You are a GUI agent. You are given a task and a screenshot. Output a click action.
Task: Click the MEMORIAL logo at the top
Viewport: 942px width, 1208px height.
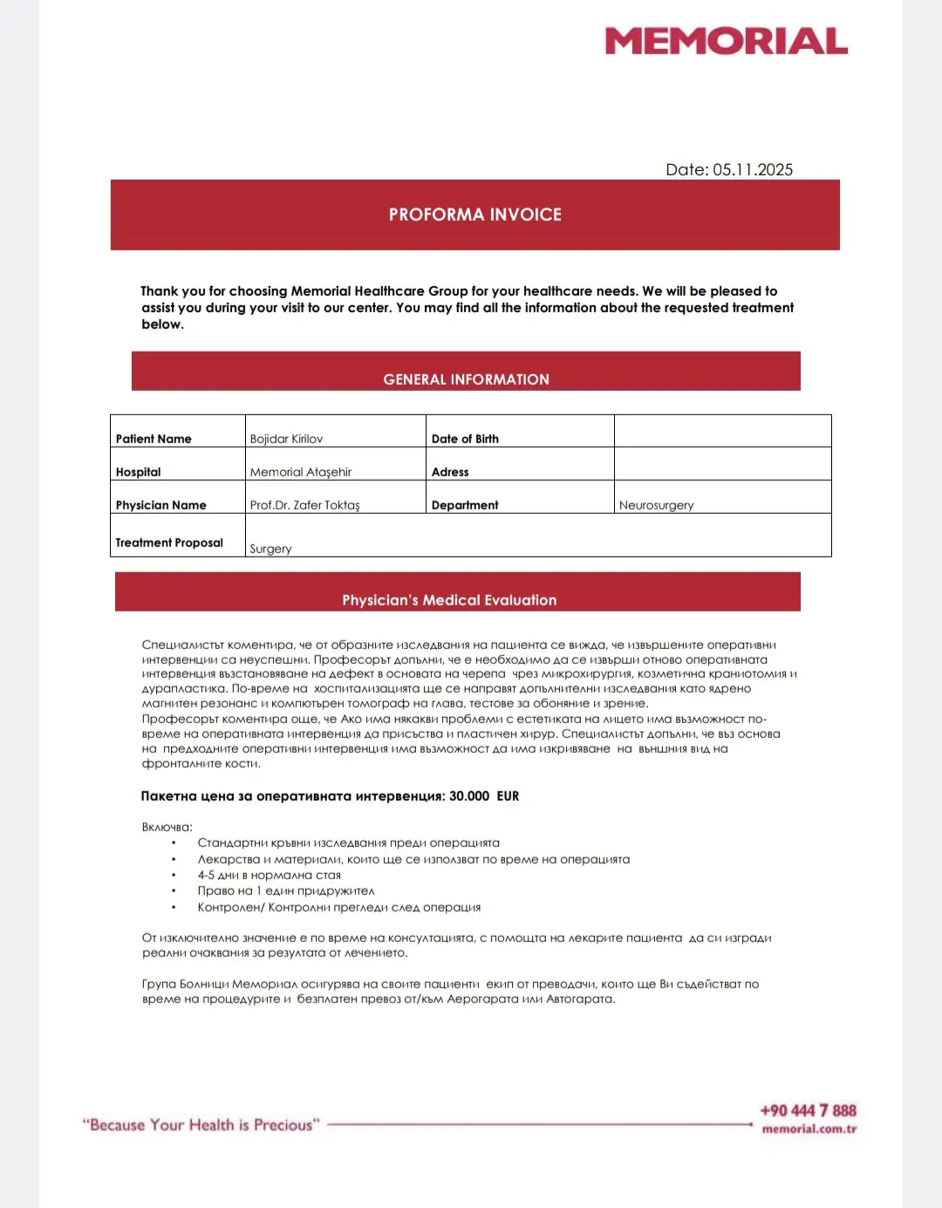click(x=726, y=41)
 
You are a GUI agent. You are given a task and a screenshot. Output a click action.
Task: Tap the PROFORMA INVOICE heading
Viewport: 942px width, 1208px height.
click(x=474, y=215)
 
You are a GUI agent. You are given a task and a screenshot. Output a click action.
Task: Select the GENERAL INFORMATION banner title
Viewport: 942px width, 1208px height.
click(x=466, y=379)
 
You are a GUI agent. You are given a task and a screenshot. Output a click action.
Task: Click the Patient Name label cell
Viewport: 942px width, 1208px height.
click(x=154, y=439)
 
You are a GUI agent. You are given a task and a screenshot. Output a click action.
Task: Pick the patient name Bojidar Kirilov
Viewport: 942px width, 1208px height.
click(x=286, y=439)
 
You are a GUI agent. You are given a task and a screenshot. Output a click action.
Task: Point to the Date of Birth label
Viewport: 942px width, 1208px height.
click(x=465, y=439)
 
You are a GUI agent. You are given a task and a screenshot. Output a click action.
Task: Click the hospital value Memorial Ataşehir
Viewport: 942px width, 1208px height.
click(x=300, y=472)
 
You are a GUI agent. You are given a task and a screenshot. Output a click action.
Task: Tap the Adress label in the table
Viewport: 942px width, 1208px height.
click(x=450, y=472)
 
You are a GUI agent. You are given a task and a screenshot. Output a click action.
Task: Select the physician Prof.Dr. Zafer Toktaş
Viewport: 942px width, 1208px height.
click(x=304, y=505)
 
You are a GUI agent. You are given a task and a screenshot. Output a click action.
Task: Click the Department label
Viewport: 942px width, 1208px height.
click(x=465, y=505)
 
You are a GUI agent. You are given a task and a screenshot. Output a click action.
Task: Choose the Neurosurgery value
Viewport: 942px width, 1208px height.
click(x=656, y=505)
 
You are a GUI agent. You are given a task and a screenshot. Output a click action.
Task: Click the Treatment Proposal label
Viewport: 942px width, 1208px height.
click(x=169, y=543)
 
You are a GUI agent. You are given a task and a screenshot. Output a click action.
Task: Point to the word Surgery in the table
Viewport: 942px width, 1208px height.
click(x=270, y=549)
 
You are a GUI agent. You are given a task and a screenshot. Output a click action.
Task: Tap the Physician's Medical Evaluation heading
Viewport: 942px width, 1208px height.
click(x=449, y=600)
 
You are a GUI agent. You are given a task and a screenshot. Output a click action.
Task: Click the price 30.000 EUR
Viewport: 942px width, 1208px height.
click(x=483, y=796)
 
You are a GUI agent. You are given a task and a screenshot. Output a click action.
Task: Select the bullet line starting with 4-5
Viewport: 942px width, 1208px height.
click(x=269, y=875)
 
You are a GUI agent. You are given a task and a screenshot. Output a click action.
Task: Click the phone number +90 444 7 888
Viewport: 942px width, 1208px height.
click(x=808, y=1110)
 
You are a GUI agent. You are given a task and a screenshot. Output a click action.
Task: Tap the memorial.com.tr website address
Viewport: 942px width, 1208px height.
click(x=809, y=1129)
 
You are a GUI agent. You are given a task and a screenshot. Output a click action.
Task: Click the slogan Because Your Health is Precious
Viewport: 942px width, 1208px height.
click(x=201, y=1125)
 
